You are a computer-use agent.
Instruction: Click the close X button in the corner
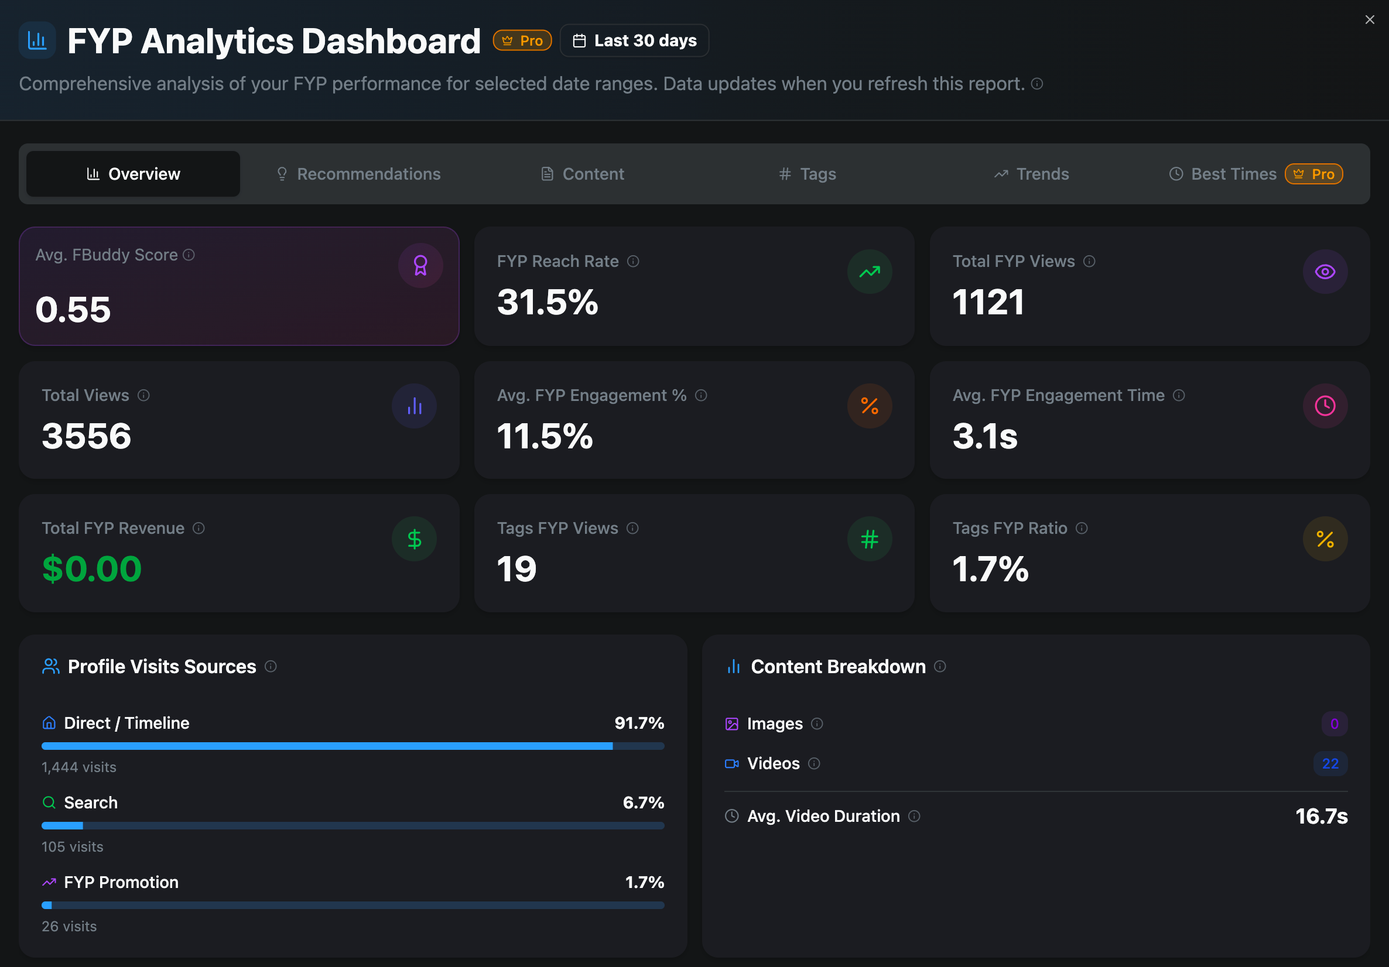[x=1369, y=20]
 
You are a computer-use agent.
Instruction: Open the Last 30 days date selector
[x=634, y=40]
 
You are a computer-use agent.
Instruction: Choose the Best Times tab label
[x=1233, y=174]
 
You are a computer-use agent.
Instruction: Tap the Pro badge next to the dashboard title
[x=522, y=40]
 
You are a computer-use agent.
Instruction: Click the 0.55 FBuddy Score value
[x=73, y=309]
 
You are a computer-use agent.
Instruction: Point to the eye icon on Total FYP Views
[x=1324, y=272]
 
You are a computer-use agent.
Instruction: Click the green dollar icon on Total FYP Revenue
[x=414, y=539]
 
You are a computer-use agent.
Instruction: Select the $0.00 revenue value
[x=92, y=569]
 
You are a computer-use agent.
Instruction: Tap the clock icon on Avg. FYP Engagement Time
[x=1324, y=406]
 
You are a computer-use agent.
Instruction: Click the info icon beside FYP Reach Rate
[x=633, y=261]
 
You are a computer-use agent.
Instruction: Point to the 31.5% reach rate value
[x=548, y=303]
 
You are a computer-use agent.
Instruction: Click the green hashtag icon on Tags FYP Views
[x=870, y=539]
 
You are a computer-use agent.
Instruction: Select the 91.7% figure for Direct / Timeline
[x=639, y=723]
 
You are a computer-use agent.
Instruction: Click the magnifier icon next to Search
[x=49, y=803]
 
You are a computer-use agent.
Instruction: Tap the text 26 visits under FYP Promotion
[x=69, y=926]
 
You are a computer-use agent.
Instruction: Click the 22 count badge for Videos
[x=1330, y=763]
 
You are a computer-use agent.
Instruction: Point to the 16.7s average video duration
[x=1320, y=817]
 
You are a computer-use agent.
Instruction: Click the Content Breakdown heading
[x=838, y=667]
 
